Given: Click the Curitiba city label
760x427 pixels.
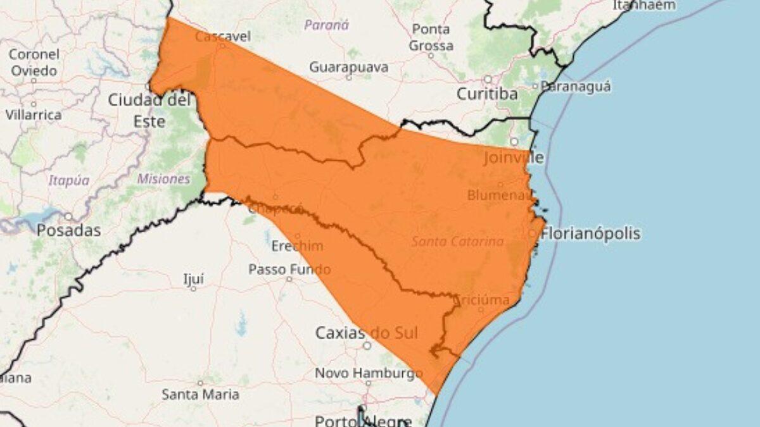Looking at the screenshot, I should point(488,94).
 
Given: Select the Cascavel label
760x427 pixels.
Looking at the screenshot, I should point(223,36).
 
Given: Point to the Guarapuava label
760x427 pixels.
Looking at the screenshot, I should point(349,67).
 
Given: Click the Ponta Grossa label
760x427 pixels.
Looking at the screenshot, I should point(431,37).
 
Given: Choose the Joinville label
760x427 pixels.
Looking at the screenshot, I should point(513,157).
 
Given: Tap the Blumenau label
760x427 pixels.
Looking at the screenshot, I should point(501,195).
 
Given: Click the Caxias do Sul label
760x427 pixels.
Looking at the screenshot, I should point(367,333).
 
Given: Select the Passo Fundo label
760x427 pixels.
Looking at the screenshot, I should point(289,269).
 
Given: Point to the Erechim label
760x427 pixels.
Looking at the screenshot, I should point(297,246).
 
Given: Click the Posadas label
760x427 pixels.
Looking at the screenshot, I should point(68,230).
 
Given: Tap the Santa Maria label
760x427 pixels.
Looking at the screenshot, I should point(200,395).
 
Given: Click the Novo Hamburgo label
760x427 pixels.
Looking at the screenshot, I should point(369,373).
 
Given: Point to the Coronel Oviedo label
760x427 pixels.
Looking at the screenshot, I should point(34,62).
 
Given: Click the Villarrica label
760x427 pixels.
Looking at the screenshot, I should point(34,115).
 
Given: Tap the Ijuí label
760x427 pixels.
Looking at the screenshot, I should point(193,279).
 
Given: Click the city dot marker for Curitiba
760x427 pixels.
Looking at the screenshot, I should point(488,80).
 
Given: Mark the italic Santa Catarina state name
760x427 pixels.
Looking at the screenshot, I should point(457,242).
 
